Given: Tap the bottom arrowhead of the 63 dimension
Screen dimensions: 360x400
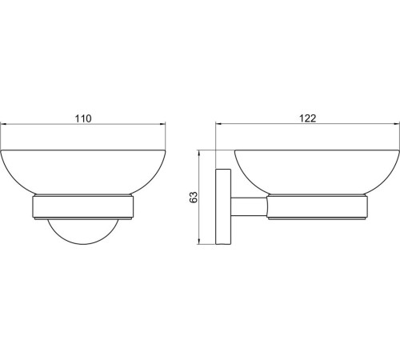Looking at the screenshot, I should pos(201,245).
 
